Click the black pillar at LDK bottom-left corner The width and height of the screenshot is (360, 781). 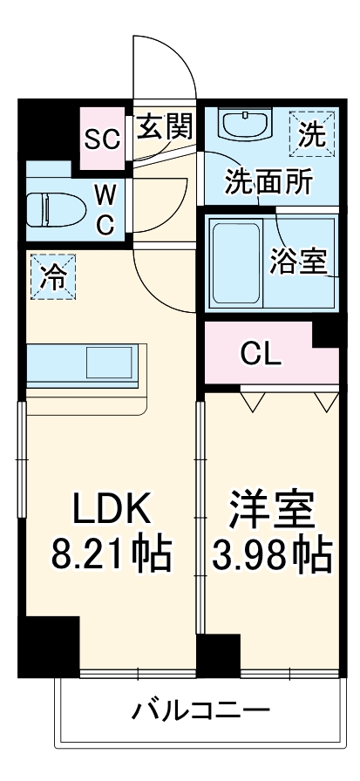(x=49, y=644)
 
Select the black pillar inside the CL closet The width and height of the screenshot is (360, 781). (x=326, y=334)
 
